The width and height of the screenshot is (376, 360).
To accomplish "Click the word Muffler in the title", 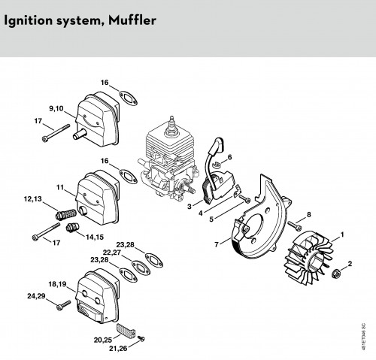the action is click(x=132, y=20).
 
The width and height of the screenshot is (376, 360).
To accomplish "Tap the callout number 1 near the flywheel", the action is click(x=342, y=234).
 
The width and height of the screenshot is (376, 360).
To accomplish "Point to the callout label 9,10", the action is click(x=56, y=108).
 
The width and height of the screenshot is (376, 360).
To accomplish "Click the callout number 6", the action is click(x=229, y=157).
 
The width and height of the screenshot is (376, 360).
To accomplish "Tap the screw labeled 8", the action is click(x=295, y=225).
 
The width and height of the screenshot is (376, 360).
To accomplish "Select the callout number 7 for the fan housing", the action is click(x=217, y=244).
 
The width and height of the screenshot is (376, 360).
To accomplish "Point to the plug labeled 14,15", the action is click(x=72, y=228).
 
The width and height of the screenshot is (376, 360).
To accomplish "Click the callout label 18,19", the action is click(x=57, y=284).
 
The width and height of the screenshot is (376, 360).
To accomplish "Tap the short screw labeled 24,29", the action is click(x=64, y=305).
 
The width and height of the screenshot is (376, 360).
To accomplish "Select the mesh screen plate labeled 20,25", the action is click(x=126, y=330).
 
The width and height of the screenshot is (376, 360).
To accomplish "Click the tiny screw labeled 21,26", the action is click(x=141, y=339).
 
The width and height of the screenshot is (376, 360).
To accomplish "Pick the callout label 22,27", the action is click(x=112, y=253).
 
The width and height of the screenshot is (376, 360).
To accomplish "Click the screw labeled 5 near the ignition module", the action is click(x=245, y=198).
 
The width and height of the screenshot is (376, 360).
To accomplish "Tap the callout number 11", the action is click(x=60, y=187).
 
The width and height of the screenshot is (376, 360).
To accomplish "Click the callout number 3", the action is click(x=190, y=207).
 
